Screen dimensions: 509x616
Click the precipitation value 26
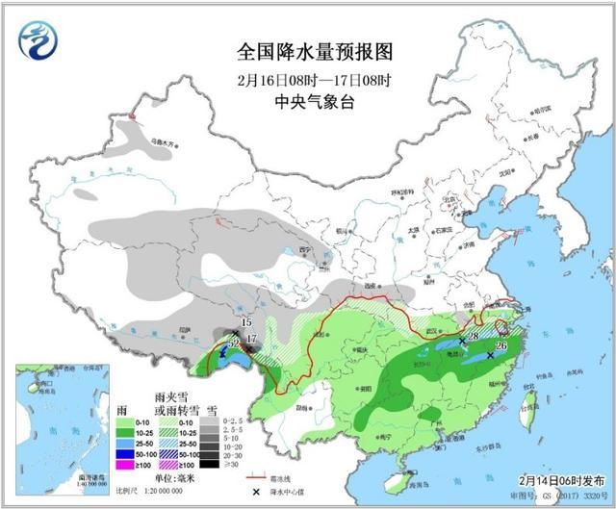500,345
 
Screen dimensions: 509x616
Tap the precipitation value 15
246,321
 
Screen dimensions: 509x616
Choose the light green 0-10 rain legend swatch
123,420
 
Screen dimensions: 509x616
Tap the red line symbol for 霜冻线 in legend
256,475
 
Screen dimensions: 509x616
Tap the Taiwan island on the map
527,401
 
